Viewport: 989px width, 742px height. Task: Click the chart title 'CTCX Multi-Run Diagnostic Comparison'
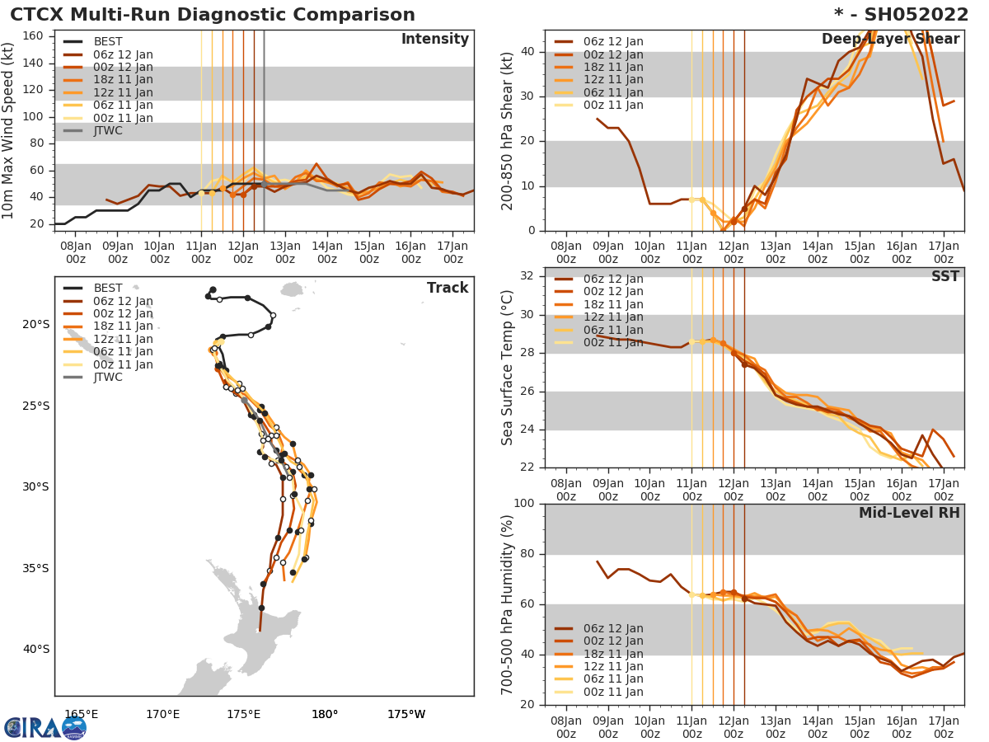pos(213,15)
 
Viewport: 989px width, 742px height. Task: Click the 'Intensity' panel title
pos(434,40)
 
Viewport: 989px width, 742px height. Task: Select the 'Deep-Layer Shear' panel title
pos(890,40)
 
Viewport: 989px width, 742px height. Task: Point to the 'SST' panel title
pos(945,276)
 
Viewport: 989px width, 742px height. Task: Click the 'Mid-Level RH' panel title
pos(909,513)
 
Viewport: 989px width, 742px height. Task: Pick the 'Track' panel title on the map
pos(448,288)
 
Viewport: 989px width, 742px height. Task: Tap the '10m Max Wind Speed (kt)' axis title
pos(9,130)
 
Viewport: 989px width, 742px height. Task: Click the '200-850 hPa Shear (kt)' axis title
pos(509,130)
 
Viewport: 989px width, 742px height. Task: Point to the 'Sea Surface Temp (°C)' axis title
pos(509,367)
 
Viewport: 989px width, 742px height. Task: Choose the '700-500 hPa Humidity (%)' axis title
pos(509,603)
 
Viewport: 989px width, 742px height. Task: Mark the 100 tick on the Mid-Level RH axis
pos(525,504)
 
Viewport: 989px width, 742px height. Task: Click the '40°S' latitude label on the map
pos(35,649)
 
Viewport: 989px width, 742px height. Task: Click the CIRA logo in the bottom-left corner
pos(45,727)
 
